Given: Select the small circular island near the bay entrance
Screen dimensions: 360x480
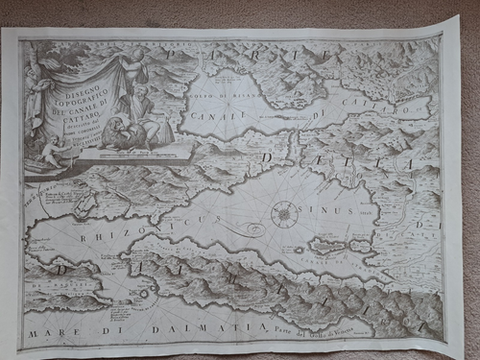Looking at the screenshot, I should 143,293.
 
